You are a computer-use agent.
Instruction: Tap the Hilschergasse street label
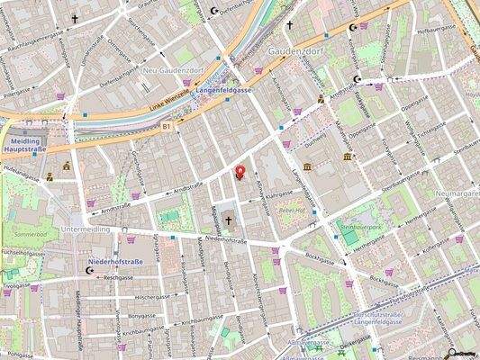(151, 296)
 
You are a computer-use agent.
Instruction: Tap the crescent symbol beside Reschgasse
(88, 269)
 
